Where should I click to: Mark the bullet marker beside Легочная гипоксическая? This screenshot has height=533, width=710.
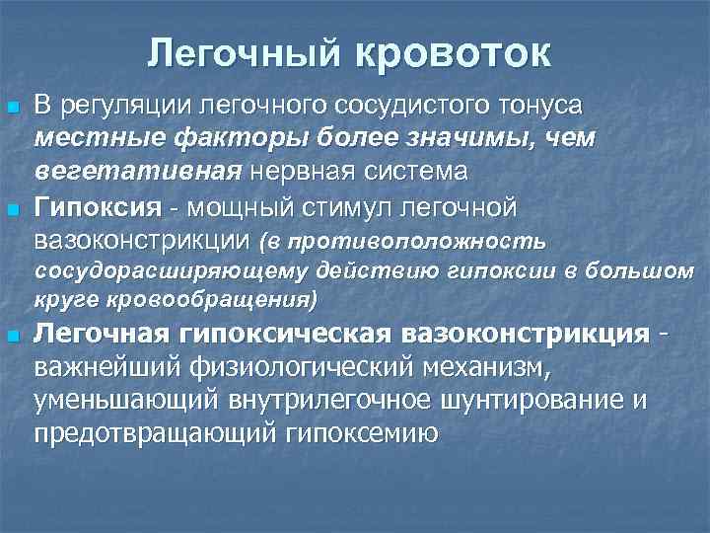tap(13, 336)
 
